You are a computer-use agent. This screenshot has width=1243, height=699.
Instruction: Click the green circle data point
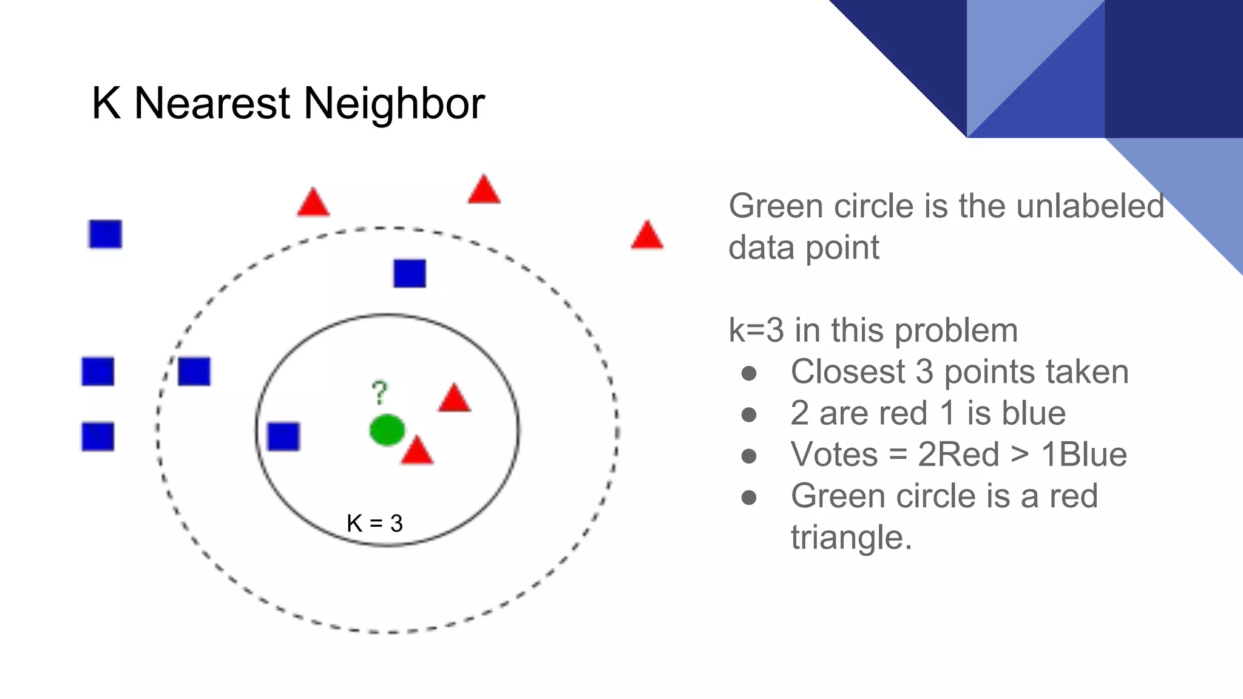(387, 430)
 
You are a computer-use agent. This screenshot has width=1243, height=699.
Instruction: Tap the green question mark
(379, 393)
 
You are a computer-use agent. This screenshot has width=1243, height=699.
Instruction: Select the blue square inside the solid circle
(283, 436)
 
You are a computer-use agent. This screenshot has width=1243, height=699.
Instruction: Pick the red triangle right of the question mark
(455, 399)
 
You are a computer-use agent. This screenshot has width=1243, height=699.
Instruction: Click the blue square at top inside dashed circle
(410, 273)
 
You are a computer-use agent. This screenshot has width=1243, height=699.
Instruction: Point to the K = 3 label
(374, 523)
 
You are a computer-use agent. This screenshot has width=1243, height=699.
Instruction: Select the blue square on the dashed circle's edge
(194, 371)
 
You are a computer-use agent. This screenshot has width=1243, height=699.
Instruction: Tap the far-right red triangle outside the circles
(647, 236)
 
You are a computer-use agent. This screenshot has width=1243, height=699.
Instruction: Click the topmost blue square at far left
(106, 234)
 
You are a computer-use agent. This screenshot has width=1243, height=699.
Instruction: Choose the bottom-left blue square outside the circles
(98, 436)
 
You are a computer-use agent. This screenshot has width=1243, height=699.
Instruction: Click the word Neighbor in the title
(394, 103)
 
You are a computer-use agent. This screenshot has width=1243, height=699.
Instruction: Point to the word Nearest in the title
(212, 103)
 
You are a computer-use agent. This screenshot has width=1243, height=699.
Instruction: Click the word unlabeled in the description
(1090, 206)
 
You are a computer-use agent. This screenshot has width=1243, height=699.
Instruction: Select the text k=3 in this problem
(873, 331)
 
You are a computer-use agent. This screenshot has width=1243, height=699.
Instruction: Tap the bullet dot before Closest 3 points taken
(749, 373)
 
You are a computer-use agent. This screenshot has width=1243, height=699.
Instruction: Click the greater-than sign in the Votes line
(1020, 454)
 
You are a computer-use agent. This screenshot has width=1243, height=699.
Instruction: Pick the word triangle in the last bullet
(851, 538)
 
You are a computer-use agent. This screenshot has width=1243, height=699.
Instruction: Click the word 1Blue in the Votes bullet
(1084, 454)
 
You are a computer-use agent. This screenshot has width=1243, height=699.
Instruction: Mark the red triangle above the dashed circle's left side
(313, 203)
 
